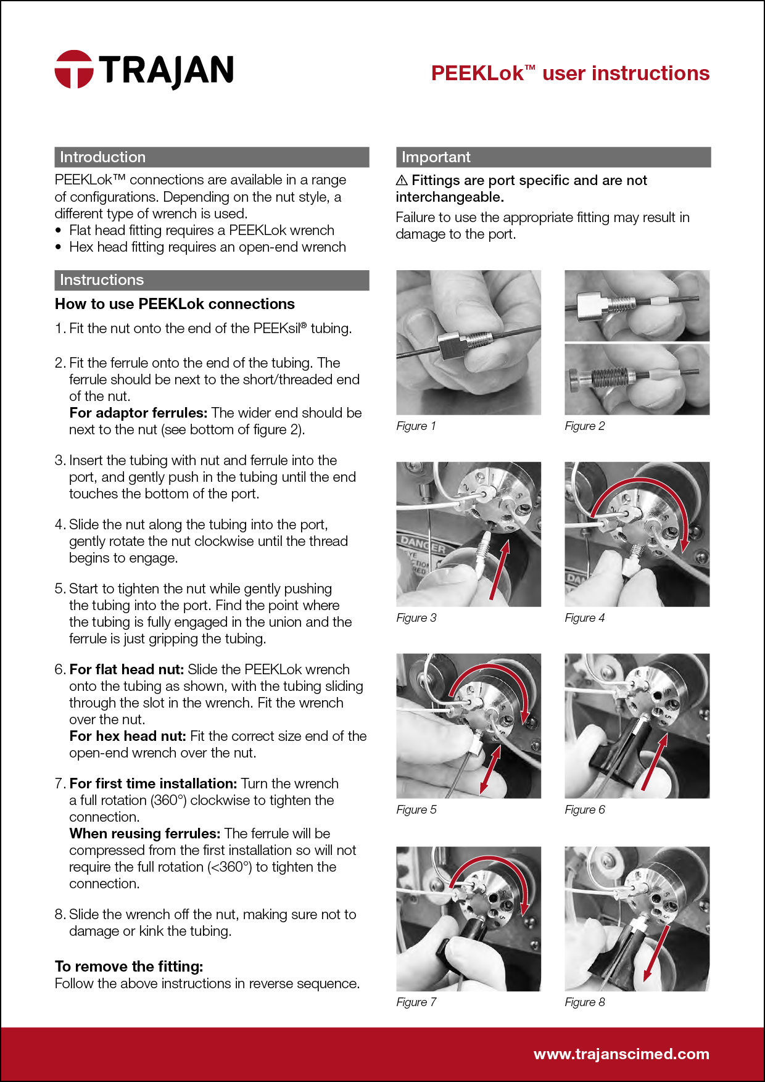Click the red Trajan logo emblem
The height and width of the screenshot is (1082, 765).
[x=74, y=69]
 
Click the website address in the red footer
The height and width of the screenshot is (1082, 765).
[x=621, y=1054]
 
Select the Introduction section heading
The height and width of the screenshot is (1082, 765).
[x=102, y=157]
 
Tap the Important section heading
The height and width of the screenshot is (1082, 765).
[x=436, y=157]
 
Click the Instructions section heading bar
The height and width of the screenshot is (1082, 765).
[x=212, y=280]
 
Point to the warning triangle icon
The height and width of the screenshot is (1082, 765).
[x=402, y=180]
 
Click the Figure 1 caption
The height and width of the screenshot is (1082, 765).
[x=416, y=426]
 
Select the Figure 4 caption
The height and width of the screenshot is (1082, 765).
[x=584, y=618]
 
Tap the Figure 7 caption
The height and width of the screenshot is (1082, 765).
[x=416, y=1002]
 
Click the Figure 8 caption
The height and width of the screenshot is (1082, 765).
[x=584, y=1002]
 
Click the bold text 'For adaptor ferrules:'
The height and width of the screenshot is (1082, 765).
[x=138, y=413]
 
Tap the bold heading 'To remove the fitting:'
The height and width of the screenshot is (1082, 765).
[x=129, y=967]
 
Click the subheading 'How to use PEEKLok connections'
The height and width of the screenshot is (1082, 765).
[x=175, y=304]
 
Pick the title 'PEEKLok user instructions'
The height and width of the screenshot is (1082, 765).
[x=570, y=73]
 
